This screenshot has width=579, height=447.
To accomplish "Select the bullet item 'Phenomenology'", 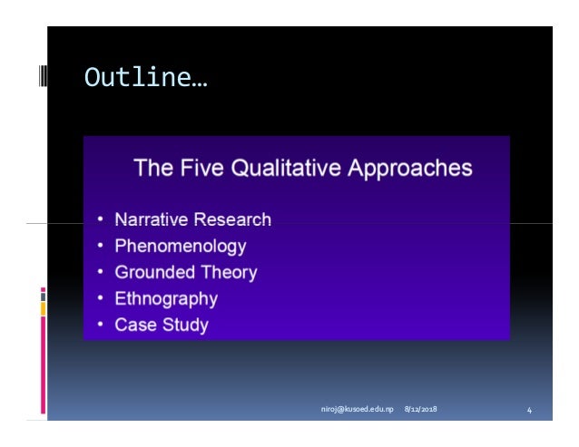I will coord(181,246).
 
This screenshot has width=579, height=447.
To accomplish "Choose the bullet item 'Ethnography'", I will coord(166,298).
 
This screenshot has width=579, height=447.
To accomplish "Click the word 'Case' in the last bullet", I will coord(133,325).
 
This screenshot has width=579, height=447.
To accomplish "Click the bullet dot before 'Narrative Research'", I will coord(100,219).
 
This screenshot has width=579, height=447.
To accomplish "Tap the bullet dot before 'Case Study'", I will coord(100,325).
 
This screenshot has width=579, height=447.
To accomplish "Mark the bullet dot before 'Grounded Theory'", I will coord(100,272).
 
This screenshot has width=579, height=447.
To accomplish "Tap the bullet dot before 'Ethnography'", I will coord(100,298).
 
